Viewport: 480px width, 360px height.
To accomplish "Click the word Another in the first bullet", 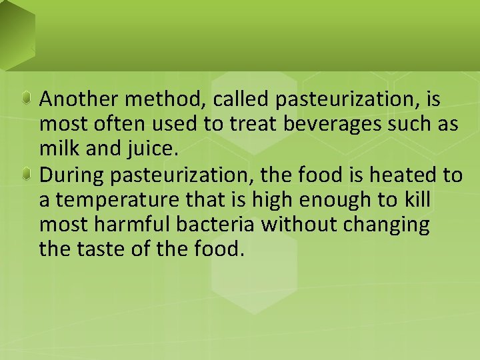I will point(75,99).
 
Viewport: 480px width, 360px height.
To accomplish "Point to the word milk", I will point(55,149).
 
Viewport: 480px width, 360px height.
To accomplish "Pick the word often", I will point(114,125).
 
